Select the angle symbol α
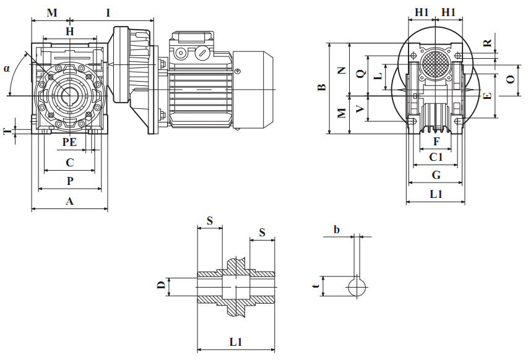[7, 68]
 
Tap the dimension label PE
[69, 142]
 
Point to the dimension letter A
[69, 201]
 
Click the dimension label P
[70, 181]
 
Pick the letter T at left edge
[6, 131]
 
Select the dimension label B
[321, 88]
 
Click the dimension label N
[342, 71]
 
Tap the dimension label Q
[360, 74]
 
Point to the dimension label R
[488, 43]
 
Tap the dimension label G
[436, 175]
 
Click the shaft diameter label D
[160, 285]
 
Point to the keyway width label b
[337, 230]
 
